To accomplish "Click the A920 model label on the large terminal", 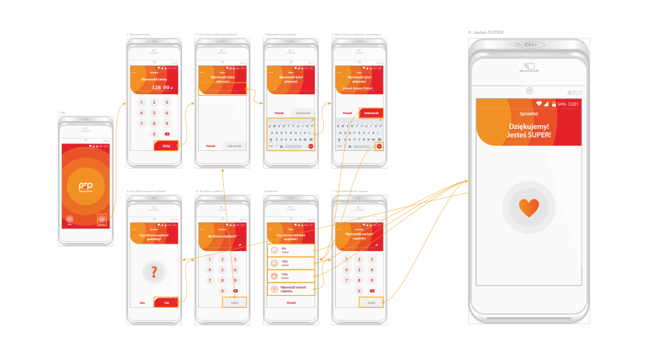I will (575, 92).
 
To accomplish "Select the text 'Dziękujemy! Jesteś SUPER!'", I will (529, 131).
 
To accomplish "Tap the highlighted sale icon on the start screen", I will (102, 219).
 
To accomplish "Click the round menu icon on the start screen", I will (69, 219).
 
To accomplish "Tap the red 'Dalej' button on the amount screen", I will (166, 146).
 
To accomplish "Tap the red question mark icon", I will (154, 272).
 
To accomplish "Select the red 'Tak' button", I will (166, 303).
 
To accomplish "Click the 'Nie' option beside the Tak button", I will (141, 303).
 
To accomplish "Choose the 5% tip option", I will (290, 250).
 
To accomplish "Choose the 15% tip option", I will (290, 276).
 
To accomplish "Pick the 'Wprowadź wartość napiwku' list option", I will (290, 289).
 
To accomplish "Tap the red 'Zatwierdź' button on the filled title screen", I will (371, 113).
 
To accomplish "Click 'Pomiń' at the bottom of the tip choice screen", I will (291, 303).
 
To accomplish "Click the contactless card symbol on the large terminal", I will (529, 68).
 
